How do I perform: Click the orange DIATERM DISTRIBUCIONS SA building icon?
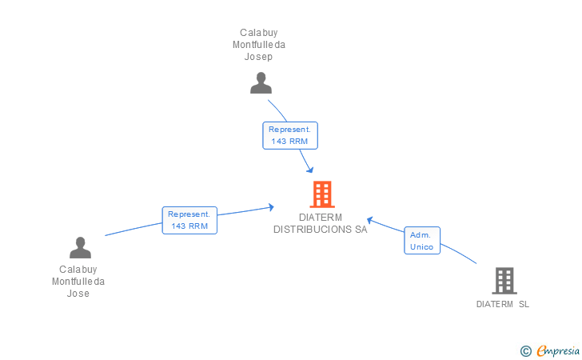[x=321, y=194]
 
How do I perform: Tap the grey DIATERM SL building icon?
[x=504, y=281]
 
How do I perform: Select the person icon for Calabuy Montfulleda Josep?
[x=261, y=83]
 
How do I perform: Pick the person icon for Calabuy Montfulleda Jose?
[x=80, y=247]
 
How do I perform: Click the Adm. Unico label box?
[x=421, y=241]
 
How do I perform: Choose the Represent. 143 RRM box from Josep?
[x=290, y=135]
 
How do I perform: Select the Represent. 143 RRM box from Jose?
[x=189, y=220]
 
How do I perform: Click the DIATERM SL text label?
[x=503, y=304]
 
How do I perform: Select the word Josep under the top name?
[x=259, y=57]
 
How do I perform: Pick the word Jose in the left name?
[x=78, y=294]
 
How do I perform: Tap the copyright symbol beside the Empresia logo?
[x=525, y=350]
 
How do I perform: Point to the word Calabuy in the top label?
[x=259, y=33]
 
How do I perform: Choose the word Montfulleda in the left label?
[x=78, y=282]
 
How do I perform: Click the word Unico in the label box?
[x=421, y=247]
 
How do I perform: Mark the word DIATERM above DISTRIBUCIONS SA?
[x=321, y=217]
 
